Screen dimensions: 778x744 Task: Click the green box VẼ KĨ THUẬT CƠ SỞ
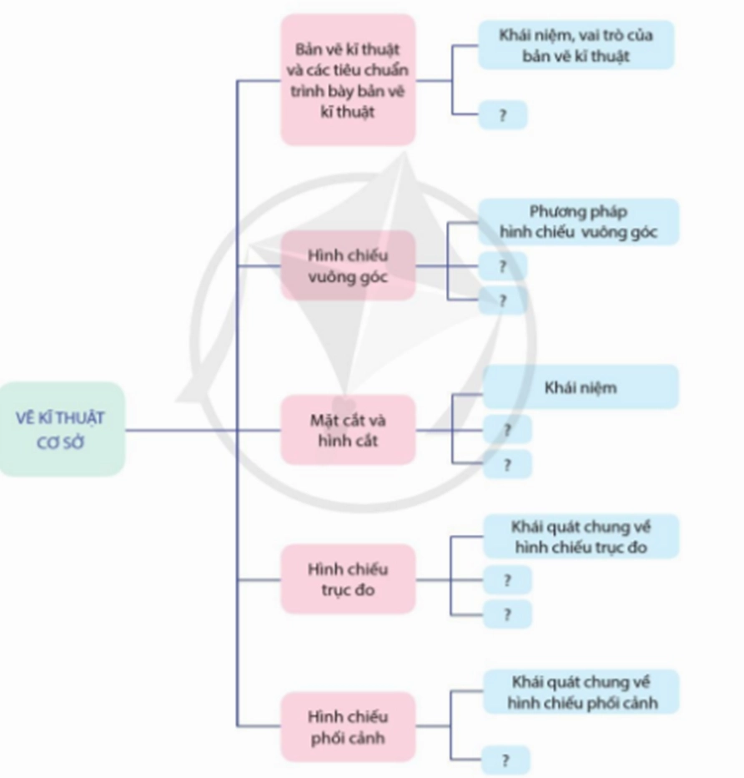(x=61, y=428)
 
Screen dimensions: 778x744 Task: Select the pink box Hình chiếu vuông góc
(x=348, y=266)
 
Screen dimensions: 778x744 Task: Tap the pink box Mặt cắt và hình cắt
(x=348, y=430)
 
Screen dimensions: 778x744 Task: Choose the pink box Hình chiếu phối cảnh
(x=348, y=726)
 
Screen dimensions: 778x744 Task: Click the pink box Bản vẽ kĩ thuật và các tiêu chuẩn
(x=348, y=79)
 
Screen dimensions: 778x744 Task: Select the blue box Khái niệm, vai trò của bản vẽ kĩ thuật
(x=576, y=45)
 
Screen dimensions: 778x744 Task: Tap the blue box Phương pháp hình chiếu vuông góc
(x=578, y=221)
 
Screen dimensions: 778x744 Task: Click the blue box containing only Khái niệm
(x=581, y=387)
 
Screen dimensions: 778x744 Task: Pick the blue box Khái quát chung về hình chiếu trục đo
(x=581, y=536)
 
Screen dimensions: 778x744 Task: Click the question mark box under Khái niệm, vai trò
(x=502, y=115)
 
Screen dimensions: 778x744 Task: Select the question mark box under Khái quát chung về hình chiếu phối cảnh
(x=505, y=760)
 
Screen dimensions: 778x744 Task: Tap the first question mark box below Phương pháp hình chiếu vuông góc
(x=502, y=266)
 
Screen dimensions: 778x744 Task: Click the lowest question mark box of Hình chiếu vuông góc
(x=502, y=300)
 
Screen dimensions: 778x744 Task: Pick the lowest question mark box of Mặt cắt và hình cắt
(x=507, y=464)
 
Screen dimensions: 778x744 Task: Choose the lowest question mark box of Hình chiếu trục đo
(x=507, y=614)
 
